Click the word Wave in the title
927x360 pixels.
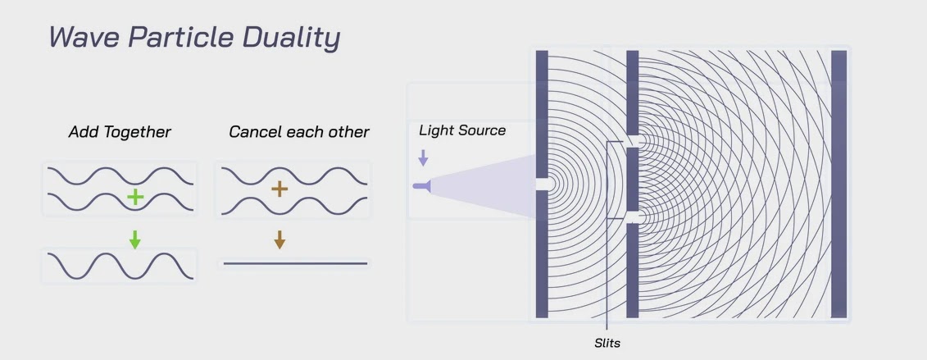tap(84, 37)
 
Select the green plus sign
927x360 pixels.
tap(135, 197)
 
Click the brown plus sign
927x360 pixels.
tap(279, 189)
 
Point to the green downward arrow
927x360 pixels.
tap(134, 239)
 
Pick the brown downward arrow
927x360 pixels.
tap(279, 239)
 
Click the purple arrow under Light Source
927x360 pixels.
tap(423, 157)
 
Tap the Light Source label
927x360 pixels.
tap(462, 130)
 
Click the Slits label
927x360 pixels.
tap(607, 343)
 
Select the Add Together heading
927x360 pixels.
tap(120, 132)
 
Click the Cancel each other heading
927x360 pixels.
tap(298, 132)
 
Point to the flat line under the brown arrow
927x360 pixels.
tap(296, 263)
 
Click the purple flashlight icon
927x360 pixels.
tap(422, 186)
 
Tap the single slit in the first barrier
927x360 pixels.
tap(542, 185)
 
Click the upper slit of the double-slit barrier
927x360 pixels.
tap(633, 141)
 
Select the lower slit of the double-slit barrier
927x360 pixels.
tap(633, 217)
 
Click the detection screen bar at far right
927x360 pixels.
tap(839, 184)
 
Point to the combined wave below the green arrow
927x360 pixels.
tap(120, 266)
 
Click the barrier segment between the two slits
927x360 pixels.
tap(633, 179)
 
